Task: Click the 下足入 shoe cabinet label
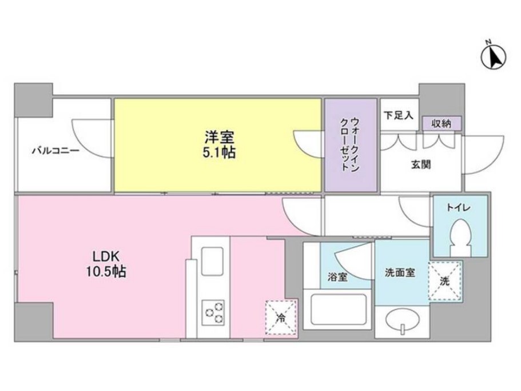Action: [x=399, y=115]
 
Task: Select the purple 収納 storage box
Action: [x=442, y=123]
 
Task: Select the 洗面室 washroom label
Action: [x=400, y=272]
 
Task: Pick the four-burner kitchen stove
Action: [x=213, y=312]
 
